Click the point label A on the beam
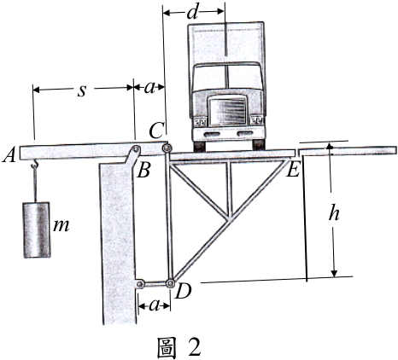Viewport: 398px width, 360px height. point(9,155)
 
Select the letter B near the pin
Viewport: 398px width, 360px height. point(143,170)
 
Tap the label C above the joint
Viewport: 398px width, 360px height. point(156,131)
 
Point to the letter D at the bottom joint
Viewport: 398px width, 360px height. point(184,291)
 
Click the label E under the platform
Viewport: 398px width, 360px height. point(293,170)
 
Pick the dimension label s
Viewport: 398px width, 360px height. point(82,90)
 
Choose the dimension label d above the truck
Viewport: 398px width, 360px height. point(192,12)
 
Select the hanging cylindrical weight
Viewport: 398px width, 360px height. point(37,229)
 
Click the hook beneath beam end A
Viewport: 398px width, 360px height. point(35,164)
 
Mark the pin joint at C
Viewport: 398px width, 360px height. point(167,148)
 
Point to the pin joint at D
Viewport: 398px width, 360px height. point(171,283)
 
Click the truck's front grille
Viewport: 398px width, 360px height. point(228,111)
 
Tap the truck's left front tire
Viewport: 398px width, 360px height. point(201,145)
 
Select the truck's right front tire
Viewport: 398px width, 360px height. point(259,145)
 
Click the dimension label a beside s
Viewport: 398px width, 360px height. point(149,88)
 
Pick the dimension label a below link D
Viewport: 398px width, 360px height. point(154,305)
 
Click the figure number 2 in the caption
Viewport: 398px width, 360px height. point(194,346)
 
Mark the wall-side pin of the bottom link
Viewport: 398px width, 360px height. point(140,284)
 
